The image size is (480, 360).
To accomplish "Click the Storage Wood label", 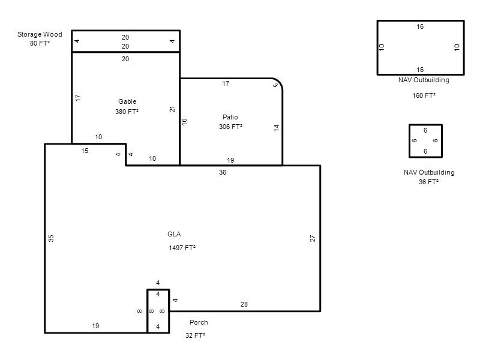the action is point(40,34).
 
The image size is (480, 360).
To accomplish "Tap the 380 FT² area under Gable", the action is point(127,112).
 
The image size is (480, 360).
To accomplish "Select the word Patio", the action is point(230,117).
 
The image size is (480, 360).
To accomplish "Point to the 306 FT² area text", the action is point(230,127).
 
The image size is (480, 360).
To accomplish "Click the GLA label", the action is point(174,234).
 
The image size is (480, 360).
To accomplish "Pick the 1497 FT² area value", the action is point(182,248).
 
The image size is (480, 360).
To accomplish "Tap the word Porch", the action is point(199,322).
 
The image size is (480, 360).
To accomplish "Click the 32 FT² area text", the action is point(196,335).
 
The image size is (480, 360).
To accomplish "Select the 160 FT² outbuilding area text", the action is point(424,95).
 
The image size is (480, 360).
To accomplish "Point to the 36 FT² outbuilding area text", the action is point(428,182).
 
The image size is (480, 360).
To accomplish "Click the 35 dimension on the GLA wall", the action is point(51,238).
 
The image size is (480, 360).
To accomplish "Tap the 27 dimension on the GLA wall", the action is point(312,238).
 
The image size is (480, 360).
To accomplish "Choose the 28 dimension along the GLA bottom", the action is point(244,304).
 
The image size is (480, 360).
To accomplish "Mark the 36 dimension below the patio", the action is point(223,172).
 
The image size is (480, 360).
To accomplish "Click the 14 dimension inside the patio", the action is point(277,128).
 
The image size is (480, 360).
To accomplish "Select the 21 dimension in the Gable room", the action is point(172,109).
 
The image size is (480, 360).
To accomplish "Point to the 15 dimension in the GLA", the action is point(85,151).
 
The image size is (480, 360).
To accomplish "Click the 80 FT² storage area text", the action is point(40,43).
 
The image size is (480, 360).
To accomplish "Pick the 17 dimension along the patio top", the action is point(226,83).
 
